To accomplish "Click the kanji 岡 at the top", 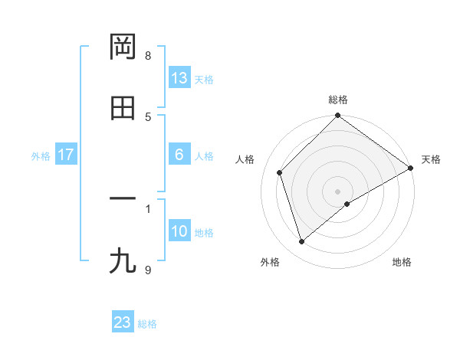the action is pos(123,47).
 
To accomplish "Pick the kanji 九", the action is pos(123,261).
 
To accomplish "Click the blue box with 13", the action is pos(179,77).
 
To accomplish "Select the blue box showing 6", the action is pos(179,155).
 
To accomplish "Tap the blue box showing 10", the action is pos(179,231).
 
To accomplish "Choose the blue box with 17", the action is pos(66,155).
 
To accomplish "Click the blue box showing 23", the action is pos(123,322).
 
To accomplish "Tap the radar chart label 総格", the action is pos(338,100).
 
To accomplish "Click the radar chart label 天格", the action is pos(431,159).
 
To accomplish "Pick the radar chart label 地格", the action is pos(402,263).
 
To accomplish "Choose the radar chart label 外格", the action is pos(270,263).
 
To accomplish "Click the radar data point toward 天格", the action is pos(411,168).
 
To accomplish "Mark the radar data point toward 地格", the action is pos(347,204).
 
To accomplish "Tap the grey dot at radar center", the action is pos(338,191).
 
